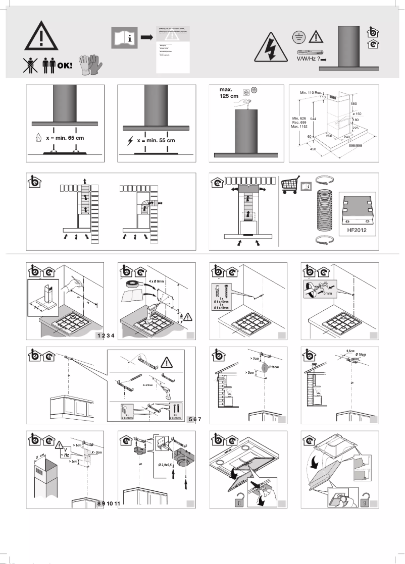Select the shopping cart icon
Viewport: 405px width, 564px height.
tap(291, 185)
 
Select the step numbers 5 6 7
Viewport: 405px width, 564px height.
tap(194, 419)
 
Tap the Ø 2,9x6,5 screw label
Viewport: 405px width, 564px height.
tap(165, 464)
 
